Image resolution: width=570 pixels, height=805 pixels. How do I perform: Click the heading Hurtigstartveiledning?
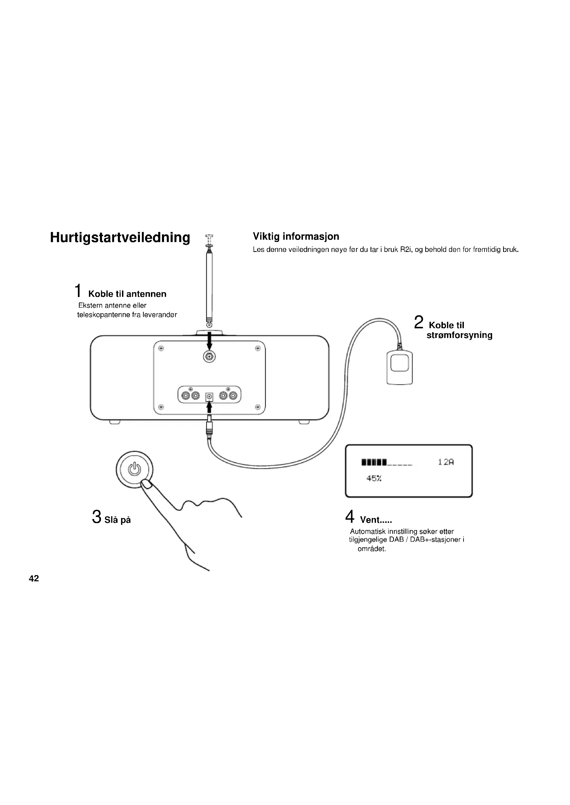(x=120, y=237)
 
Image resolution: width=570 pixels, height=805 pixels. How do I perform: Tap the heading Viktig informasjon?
(x=296, y=236)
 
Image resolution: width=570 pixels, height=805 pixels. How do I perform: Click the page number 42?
(x=34, y=578)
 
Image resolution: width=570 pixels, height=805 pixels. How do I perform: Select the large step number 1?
(x=78, y=291)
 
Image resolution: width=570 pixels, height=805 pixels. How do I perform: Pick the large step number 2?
(x=418, y=322)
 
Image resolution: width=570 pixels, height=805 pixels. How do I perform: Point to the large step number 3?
(x=96, y=517)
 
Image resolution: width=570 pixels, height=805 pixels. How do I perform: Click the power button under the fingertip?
(x=134, y=469)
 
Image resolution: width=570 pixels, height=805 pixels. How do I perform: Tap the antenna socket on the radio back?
(x=209, y=357)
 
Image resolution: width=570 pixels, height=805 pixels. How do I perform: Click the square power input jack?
(x=209, y=396)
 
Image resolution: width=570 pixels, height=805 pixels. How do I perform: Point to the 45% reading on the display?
(x=374, y=478)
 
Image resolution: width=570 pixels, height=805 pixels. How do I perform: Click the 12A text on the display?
(x=446, y=462)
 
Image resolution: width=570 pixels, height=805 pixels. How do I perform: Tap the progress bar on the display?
(x=386, y=462)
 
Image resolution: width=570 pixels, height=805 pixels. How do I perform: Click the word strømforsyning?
(x=459, y=335)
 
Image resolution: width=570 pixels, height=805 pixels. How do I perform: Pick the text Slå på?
(x=118, y=520)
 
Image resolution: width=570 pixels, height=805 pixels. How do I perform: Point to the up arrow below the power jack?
(x=209, y=407)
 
